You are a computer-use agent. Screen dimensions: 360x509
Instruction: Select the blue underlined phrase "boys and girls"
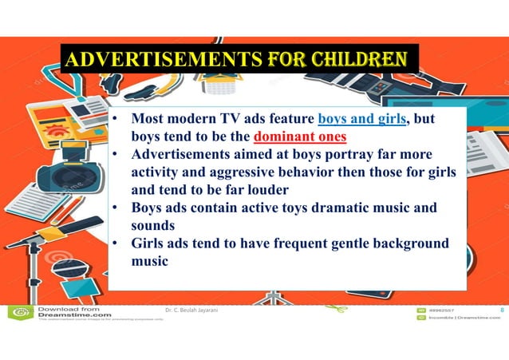click(x=362, y=121)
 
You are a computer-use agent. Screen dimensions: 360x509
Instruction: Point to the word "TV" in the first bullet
click(x=226, y=121)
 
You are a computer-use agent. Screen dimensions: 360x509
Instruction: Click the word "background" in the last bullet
click(x=406, y=243)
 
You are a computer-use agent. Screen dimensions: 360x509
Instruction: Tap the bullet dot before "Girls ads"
click(x=116, y=243)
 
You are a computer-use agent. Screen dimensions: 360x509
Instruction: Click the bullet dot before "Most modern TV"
click(x=116, y=121)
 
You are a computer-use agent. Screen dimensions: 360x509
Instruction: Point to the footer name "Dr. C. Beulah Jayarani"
click(x=197, y=310)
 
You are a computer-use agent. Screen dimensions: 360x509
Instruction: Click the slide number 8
click(x=501, y=310)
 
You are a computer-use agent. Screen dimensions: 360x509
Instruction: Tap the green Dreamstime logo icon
click(x=18, y=312)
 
